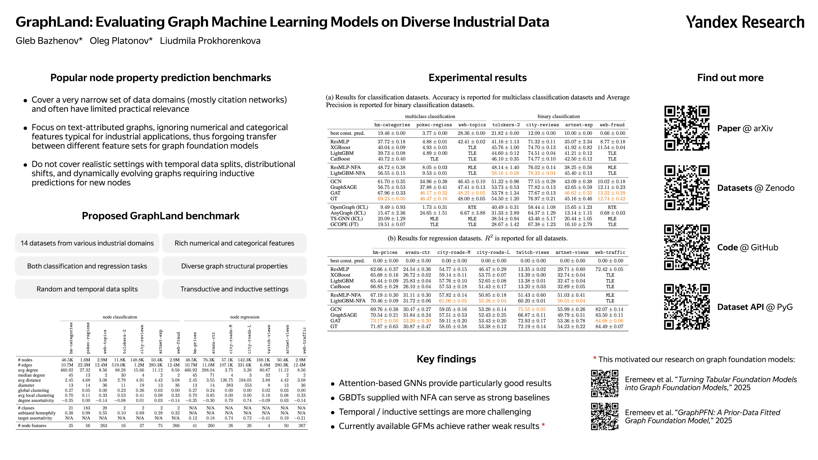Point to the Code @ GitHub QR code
[687, 247]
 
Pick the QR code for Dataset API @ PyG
[687, 307]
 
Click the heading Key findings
[446, 359]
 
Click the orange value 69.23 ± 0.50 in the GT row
[391, 199]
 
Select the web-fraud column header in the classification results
[612, 125]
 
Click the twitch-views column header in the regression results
[532, 252]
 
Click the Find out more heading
[730, 78]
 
